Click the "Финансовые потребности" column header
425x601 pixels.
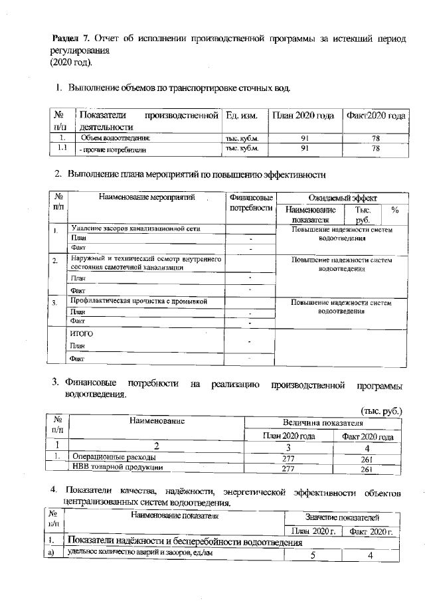pos(251,203)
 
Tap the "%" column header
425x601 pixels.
pos(395,210)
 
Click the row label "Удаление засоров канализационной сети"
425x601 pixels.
pos(136,228)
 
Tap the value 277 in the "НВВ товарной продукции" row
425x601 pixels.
pos(288,468)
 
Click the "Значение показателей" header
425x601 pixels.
pos(343,516)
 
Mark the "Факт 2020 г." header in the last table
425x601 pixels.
pos(372,531)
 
